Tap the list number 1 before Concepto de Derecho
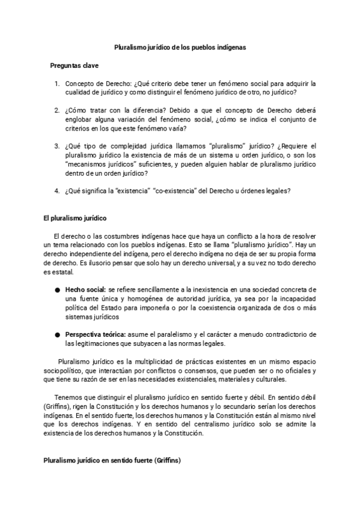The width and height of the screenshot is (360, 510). point(56,84)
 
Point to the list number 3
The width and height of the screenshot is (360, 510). point(56,146)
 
